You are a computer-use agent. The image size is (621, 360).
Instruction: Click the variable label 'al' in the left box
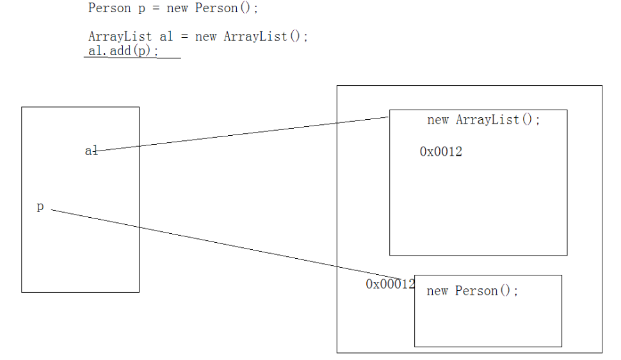tap(91, 151)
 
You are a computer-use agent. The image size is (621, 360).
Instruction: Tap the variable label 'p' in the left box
tap(40, 206)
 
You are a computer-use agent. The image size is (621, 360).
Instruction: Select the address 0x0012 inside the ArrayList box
tap(440, 152)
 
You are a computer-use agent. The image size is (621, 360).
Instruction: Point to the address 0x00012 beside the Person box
tap(390, 284)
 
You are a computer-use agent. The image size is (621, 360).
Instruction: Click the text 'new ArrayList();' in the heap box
tap(483, 120)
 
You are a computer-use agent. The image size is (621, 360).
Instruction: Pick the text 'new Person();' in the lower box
tap(472, 291)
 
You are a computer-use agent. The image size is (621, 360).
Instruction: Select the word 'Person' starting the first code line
tap(109, 8)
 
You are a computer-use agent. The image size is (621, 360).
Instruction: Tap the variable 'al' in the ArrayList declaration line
tap(166, 37)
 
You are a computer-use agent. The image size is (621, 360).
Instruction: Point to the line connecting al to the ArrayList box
tap(243, 133)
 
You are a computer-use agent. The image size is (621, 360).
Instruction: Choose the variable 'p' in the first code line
tap(141, 9)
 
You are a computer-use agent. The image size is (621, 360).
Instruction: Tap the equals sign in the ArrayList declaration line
tap(184, 37)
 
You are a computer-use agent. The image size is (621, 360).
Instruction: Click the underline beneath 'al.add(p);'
tap(132, 58)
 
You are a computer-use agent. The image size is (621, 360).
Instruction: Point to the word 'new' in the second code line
tap(206, 37)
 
